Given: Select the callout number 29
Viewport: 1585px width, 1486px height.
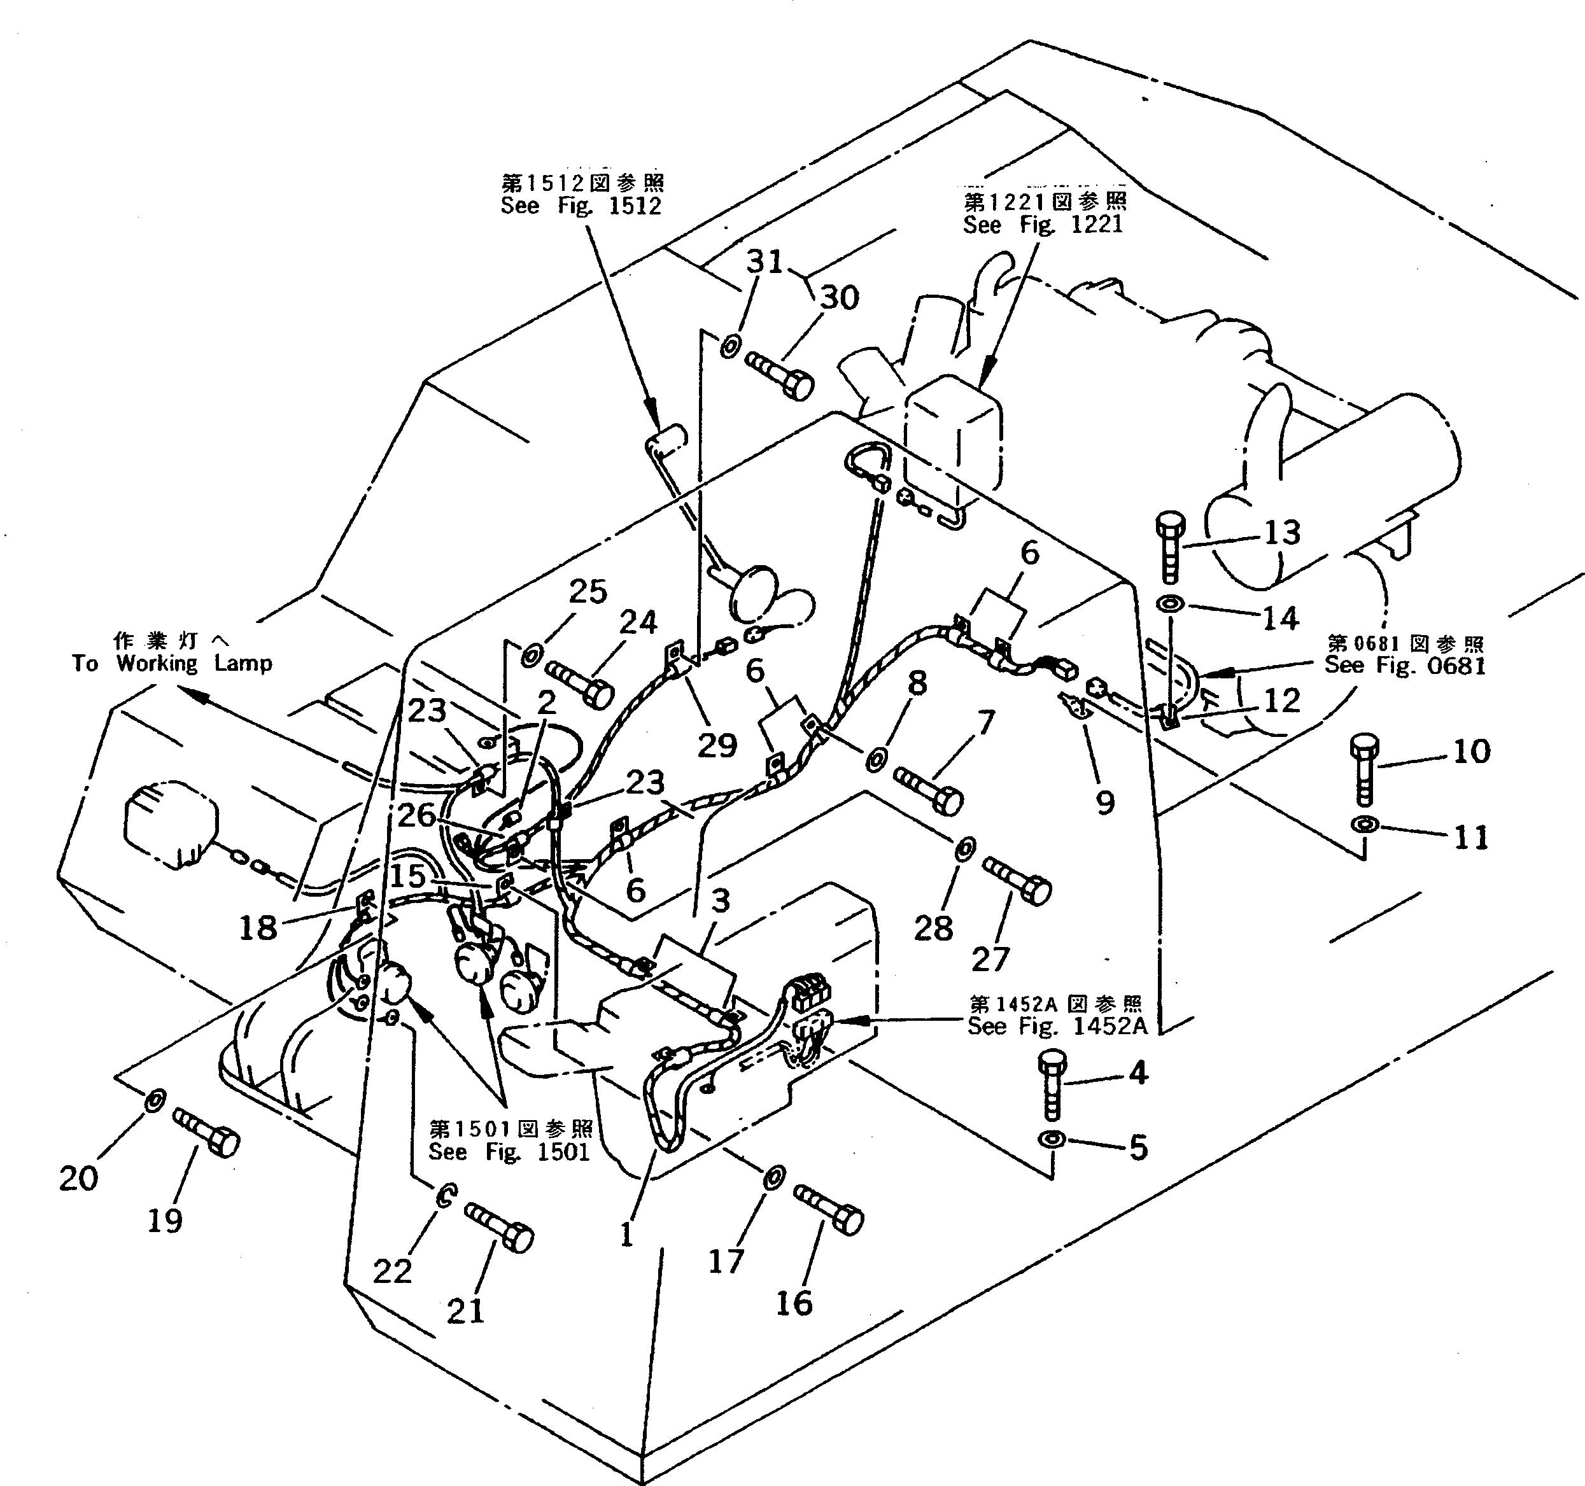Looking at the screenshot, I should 717,745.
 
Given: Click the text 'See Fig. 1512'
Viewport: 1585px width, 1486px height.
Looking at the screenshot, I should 581,206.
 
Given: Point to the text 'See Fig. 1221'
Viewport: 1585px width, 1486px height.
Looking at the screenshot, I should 1043,225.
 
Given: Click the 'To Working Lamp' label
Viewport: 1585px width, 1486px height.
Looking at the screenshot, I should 173,663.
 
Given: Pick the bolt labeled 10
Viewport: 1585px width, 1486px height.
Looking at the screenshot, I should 1363,770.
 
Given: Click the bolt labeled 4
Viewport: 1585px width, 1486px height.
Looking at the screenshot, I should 1052,1085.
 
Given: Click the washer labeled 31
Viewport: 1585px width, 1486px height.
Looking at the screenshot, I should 730,347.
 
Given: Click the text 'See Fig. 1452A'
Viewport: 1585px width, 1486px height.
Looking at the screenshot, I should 1057,1026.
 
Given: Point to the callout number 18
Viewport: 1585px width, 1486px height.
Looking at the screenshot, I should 258,927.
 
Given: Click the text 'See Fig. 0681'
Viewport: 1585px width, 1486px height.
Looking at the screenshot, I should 1405,665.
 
